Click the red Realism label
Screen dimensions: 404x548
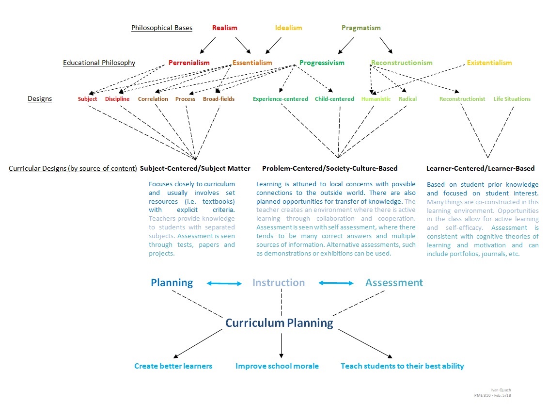pyautogui.click(x=225, y=28)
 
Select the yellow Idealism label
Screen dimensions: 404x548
pyautogui.click(x=288, y=28)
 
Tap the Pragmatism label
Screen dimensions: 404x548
pyautogui.click(x=361, y=28)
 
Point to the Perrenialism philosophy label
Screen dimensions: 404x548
pyautogui.click(x=189, y=63)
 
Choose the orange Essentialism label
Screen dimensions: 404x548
pyautogui.click(x=252, y=63)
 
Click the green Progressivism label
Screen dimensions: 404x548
pyautogui.click(x=322, y=63)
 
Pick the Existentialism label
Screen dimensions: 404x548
pyautogui.click(x=489, y=63)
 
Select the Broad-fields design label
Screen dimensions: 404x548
pyautogui.click(x=219, y=99)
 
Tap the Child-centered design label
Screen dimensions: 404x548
pyautogui.click(x=334, y=99)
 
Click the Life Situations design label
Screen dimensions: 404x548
pyautogui.click(x=512, y=99)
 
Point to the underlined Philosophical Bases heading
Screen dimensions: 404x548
pyautogui.click(x=162, y=28)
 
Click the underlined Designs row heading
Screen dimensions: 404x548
pyautogui.click(x=40, y=99)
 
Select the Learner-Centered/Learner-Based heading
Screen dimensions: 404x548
pyautogui.click(x=480, y=168)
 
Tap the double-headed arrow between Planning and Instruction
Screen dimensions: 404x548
pyautogui.click(x=224, y=283)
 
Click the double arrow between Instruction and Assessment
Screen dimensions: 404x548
pyautogui.click(x=336, y=283)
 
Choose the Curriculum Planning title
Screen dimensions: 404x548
pyautogui.click(x=279, y=323)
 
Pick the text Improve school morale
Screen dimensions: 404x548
pyautogui.click(x=277, y=366)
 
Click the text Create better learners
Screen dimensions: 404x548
pyautogui.click(x=173, y=366)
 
